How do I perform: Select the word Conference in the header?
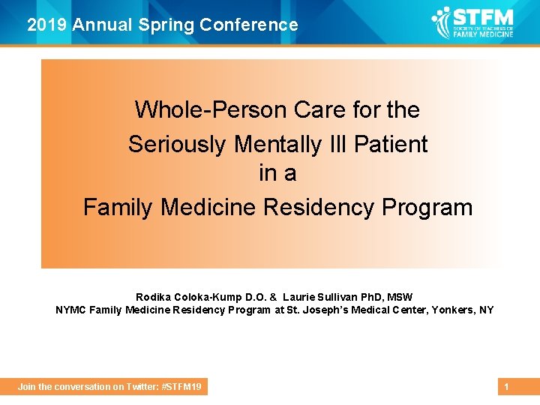(249, 25)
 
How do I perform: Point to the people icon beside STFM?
(442, 22)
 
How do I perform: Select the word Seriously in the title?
(175, 143)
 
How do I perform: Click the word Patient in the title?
(391, 143)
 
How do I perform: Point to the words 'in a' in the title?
(277, 173)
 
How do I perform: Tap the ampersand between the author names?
(274, 298)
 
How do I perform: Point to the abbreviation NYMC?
(71, 310)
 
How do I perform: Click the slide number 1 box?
(507, 387)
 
